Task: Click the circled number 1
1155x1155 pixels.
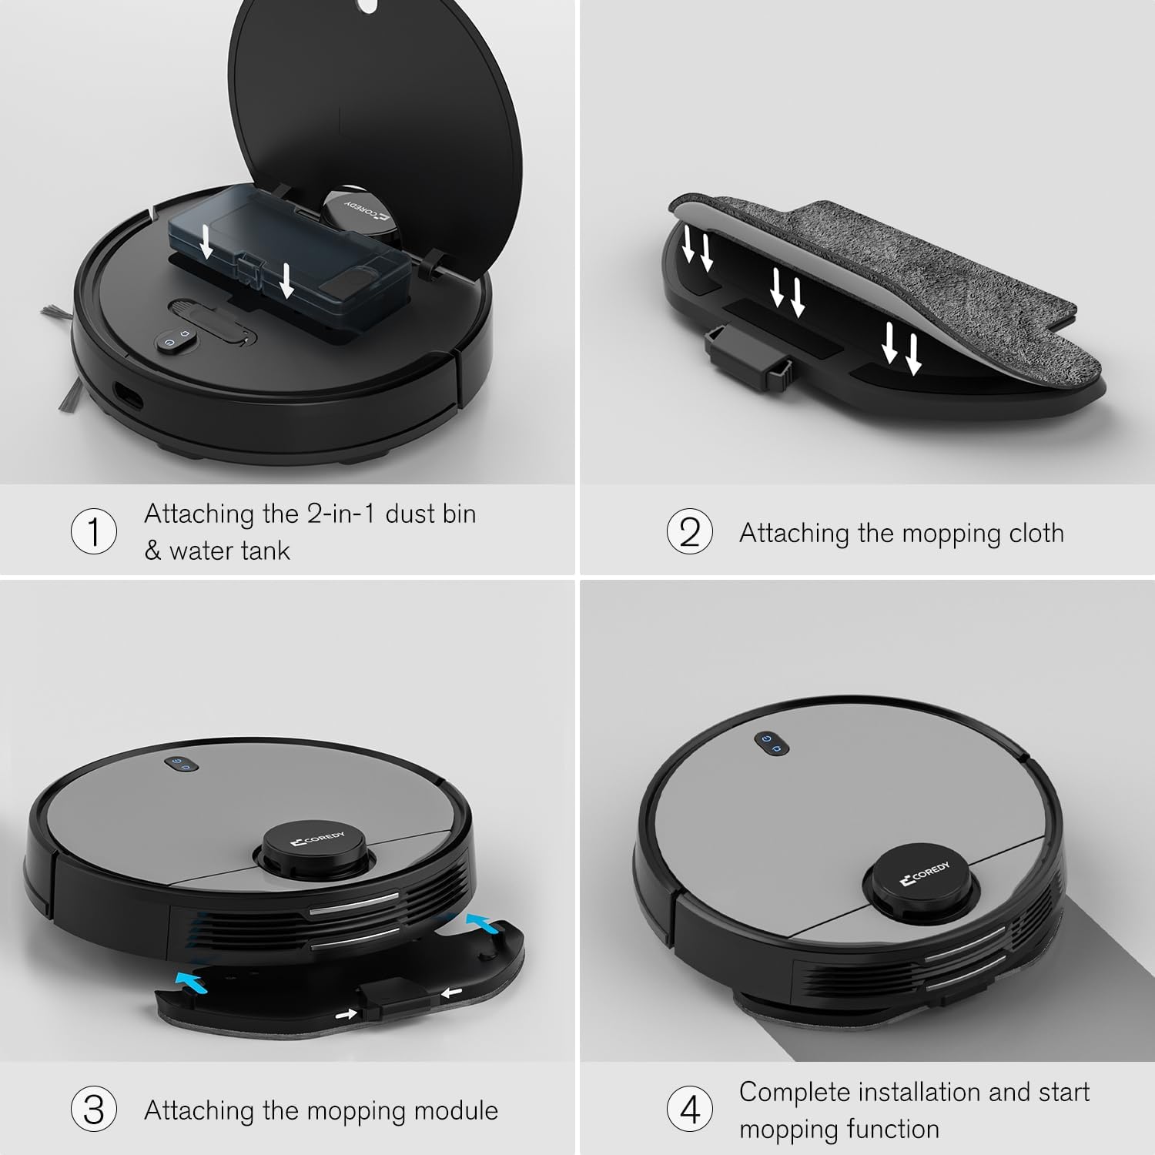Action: [94, 531]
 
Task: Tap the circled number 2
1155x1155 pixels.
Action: [689, 532]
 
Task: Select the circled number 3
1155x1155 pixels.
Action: [94, 1110]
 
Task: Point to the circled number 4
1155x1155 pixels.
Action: [689, 1110]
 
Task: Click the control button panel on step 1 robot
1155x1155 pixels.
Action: [176, 341]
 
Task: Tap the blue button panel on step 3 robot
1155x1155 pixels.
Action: [182, 764]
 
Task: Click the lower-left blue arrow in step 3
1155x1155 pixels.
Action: [191, 980]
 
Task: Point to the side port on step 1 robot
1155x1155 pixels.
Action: [128, 398]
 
